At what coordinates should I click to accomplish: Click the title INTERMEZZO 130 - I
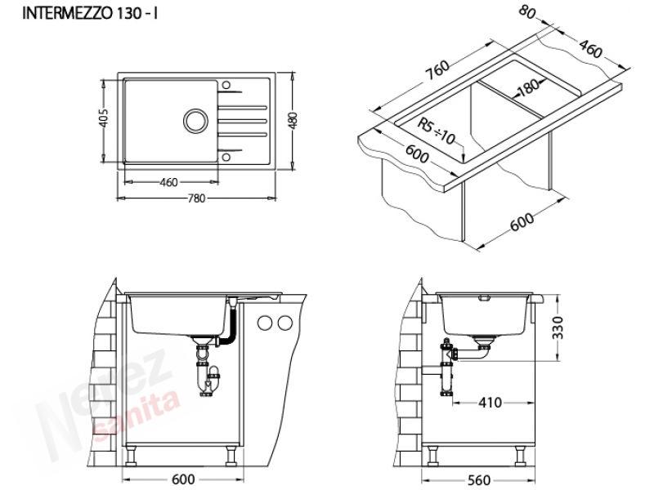(x=90, y=13)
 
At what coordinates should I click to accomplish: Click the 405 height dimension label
(x=104, y=118)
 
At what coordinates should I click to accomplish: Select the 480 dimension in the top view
(x=293, y=120)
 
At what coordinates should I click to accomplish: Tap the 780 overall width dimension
(x=196, y=198)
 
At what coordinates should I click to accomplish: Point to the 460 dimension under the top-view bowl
(x=169, y=182)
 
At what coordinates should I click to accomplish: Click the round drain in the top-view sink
(x=195, y=121)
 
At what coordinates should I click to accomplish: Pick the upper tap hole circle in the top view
(x=226, y=85)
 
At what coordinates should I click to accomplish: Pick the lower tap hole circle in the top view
(x=226, y=157)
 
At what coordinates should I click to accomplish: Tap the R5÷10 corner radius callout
(x=437, y=131)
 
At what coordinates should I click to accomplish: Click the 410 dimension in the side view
(x=490, y=403)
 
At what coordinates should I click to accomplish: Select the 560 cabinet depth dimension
(x=479, y=480)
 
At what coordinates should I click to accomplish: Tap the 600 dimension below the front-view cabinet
(x=183, y=479)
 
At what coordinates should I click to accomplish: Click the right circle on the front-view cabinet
(x=285, y=323)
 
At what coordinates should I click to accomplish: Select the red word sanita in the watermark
(x=137, y=414)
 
